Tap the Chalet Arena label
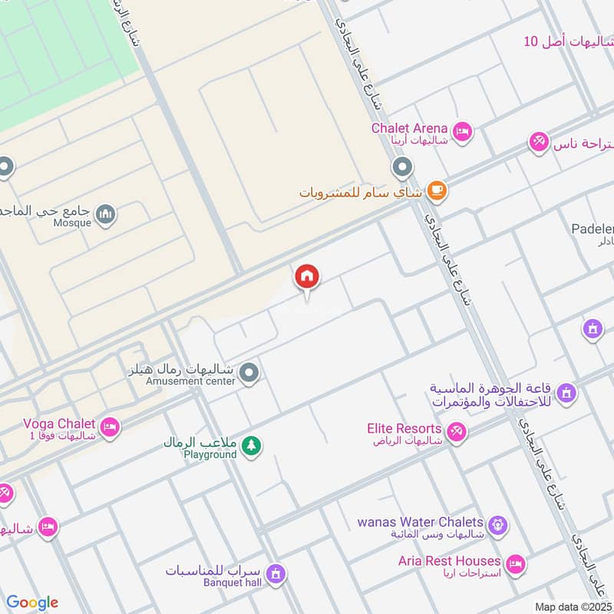click(409, 128)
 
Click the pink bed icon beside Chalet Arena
click(462, 134)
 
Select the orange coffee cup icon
click(436, 191)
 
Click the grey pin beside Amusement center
click(249, 375)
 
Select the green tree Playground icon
click(251, 444)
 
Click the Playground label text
click(210, 454)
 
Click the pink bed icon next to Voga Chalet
click(111, 427)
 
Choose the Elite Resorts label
click(404, 429)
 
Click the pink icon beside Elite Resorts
click(457, 434)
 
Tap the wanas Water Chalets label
click(421, 523)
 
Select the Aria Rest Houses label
click(449, 562)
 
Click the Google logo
click(31, 602)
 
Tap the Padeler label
click(593, 228)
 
